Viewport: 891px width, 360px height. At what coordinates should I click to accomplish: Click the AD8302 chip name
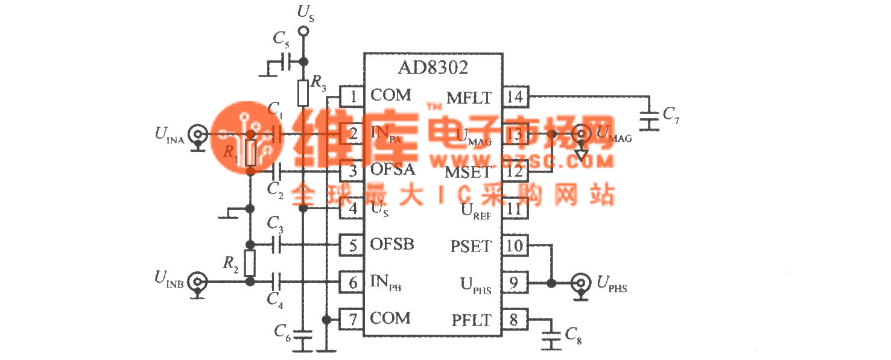pos(433,68)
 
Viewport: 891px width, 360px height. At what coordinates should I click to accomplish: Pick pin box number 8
pos(515,319)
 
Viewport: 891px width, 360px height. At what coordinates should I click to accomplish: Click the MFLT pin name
pos(469,97)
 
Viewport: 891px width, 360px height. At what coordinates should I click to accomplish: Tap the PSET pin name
pos(471,246)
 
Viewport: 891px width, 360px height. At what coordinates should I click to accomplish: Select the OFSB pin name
pos(393,245)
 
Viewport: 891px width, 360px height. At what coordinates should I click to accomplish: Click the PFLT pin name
pos(472,320)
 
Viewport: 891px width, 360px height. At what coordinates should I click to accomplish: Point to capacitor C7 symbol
pos(649,120)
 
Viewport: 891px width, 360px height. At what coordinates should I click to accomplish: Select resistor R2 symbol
pos(250,262)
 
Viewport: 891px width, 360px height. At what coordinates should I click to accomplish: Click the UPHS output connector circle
pos(581,282)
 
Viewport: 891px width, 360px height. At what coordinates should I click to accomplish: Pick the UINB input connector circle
pos(197,281)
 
